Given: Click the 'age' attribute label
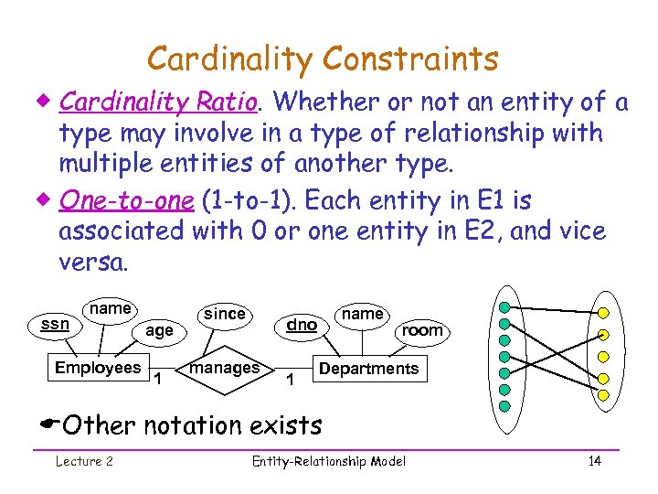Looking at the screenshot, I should click(159, 330).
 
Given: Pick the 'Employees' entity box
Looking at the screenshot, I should click(98, 368).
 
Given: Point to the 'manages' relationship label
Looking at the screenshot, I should click(224, 367).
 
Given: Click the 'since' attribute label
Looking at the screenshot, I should click(224, 314).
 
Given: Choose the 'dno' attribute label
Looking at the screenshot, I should click(302, 324).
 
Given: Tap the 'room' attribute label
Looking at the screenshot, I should click(422, 330).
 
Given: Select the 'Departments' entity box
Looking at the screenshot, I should click(368, 369).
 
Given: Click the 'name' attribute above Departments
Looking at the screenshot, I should click(362, 314).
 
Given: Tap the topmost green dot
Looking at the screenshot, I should click(504, 306).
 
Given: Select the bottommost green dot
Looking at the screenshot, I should click(504, 406).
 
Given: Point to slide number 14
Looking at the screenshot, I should click(594, 461).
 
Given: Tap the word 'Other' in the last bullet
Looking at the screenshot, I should click(98, 425).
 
